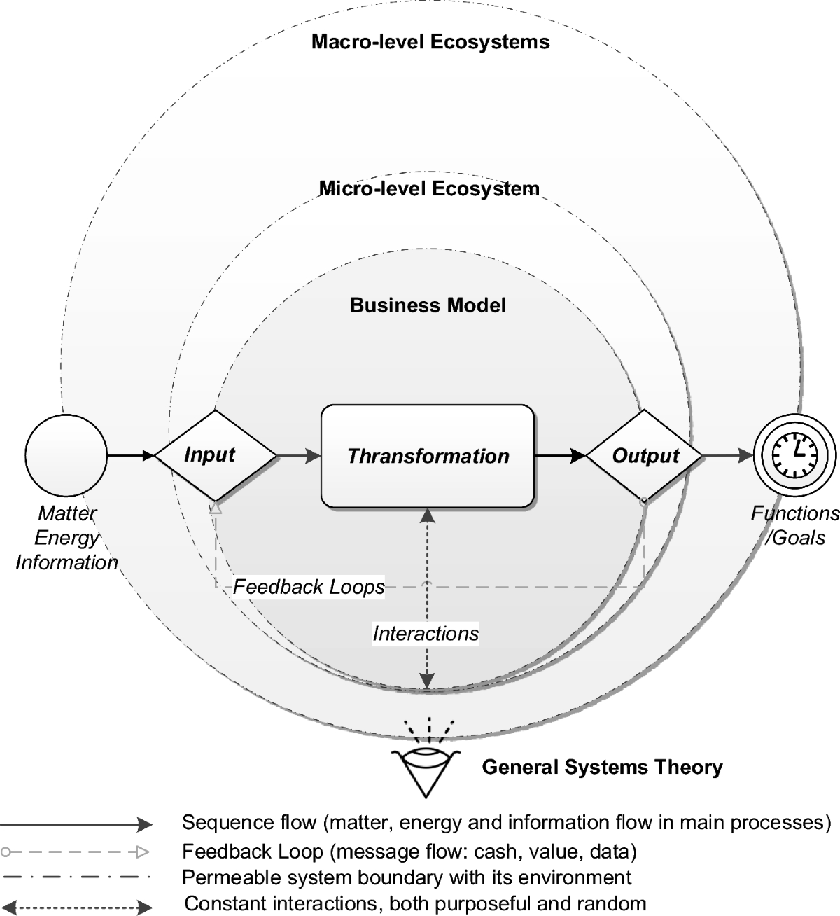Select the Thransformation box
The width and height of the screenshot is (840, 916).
click(x=428, y=456)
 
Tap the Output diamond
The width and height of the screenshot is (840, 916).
click(x=644, y=456)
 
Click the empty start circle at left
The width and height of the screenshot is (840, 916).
click(x=66, y=454)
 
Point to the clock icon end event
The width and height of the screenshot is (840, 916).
click(x=794, y=454)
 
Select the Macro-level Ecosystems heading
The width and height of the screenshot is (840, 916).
click(x=430, y=42)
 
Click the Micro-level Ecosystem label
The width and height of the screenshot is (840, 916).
click(x=429, y=188)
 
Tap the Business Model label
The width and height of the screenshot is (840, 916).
click(x=428, y=305)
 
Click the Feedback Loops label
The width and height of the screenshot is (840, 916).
click(x=309, y=586)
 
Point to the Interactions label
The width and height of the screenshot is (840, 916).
click(x=426, y=634)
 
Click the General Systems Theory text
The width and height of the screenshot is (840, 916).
click(x=602, y=767)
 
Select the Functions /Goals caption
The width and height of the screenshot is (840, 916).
click(x=795, y=525)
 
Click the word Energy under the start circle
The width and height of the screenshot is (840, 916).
click(x=66, y=538)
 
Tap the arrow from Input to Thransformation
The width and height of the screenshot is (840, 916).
click(x=299, y=457)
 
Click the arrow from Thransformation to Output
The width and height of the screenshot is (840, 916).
click(x=560, y=456)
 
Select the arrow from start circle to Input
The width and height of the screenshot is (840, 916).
click(x=130, y=456)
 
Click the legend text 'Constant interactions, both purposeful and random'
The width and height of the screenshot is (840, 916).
click(x=414, y=903)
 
